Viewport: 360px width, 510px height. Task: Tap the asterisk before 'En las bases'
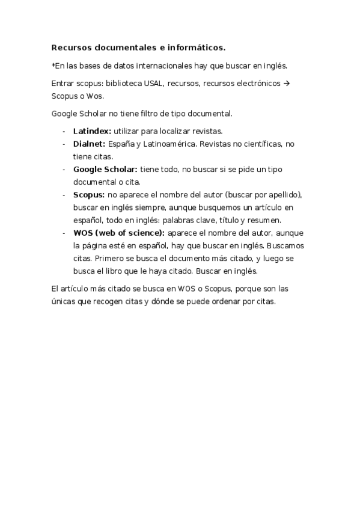53,66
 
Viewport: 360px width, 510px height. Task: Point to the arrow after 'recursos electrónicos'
287,83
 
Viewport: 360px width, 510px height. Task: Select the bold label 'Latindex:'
92,131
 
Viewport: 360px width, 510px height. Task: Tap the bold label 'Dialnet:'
89,144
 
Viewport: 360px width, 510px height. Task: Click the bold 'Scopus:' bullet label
89,195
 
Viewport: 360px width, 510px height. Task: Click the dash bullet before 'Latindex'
63,131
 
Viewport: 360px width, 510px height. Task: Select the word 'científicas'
258,144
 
